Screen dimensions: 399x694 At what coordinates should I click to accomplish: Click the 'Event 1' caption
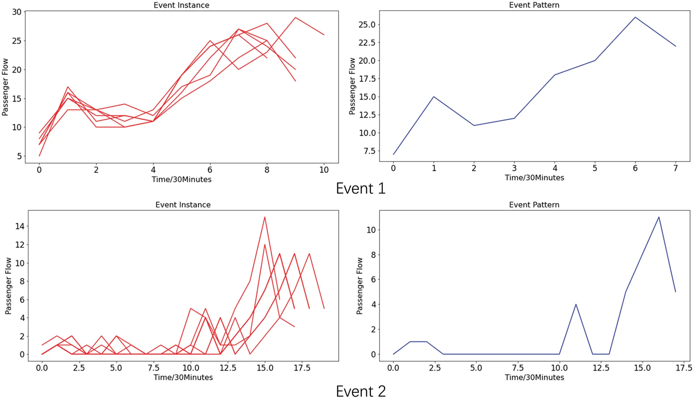click(361, 188)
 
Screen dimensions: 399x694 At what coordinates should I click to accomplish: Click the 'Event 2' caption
click(361, 391)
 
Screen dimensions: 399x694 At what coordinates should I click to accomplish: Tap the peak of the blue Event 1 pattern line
click(635, 17)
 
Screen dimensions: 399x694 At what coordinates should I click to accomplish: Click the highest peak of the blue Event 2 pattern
click(659, 217)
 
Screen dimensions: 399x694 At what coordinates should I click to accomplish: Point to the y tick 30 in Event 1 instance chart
click(17, 12)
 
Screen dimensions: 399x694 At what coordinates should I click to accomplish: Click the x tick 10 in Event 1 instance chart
click(324, 170)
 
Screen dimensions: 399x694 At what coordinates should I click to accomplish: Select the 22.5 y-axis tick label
click(367, 43)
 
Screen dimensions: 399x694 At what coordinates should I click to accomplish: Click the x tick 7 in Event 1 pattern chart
click(675, 168)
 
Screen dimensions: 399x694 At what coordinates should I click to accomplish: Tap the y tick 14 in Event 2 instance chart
click(20, 226)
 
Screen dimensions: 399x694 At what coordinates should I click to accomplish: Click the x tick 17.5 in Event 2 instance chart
click(302, 368)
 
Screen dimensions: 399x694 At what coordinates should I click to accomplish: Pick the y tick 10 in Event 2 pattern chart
click(371, 230)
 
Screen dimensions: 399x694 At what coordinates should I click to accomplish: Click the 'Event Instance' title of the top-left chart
click(181, 5)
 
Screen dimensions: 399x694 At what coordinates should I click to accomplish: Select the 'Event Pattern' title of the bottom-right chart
click(534, 205)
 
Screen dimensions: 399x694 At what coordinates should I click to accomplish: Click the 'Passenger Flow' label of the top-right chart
click(352, 86)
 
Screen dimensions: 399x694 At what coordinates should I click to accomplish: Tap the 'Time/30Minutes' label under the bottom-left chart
click(183, 377)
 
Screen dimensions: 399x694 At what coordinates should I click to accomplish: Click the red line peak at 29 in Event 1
click(295, 18)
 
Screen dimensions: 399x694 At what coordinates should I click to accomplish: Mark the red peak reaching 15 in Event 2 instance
click(264, 217)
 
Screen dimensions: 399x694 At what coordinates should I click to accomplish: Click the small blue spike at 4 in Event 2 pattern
click(576, 304)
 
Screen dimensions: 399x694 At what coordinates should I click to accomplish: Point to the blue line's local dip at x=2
click(474, 126)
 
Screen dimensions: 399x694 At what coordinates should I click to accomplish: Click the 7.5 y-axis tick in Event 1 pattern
click(369, 151)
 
